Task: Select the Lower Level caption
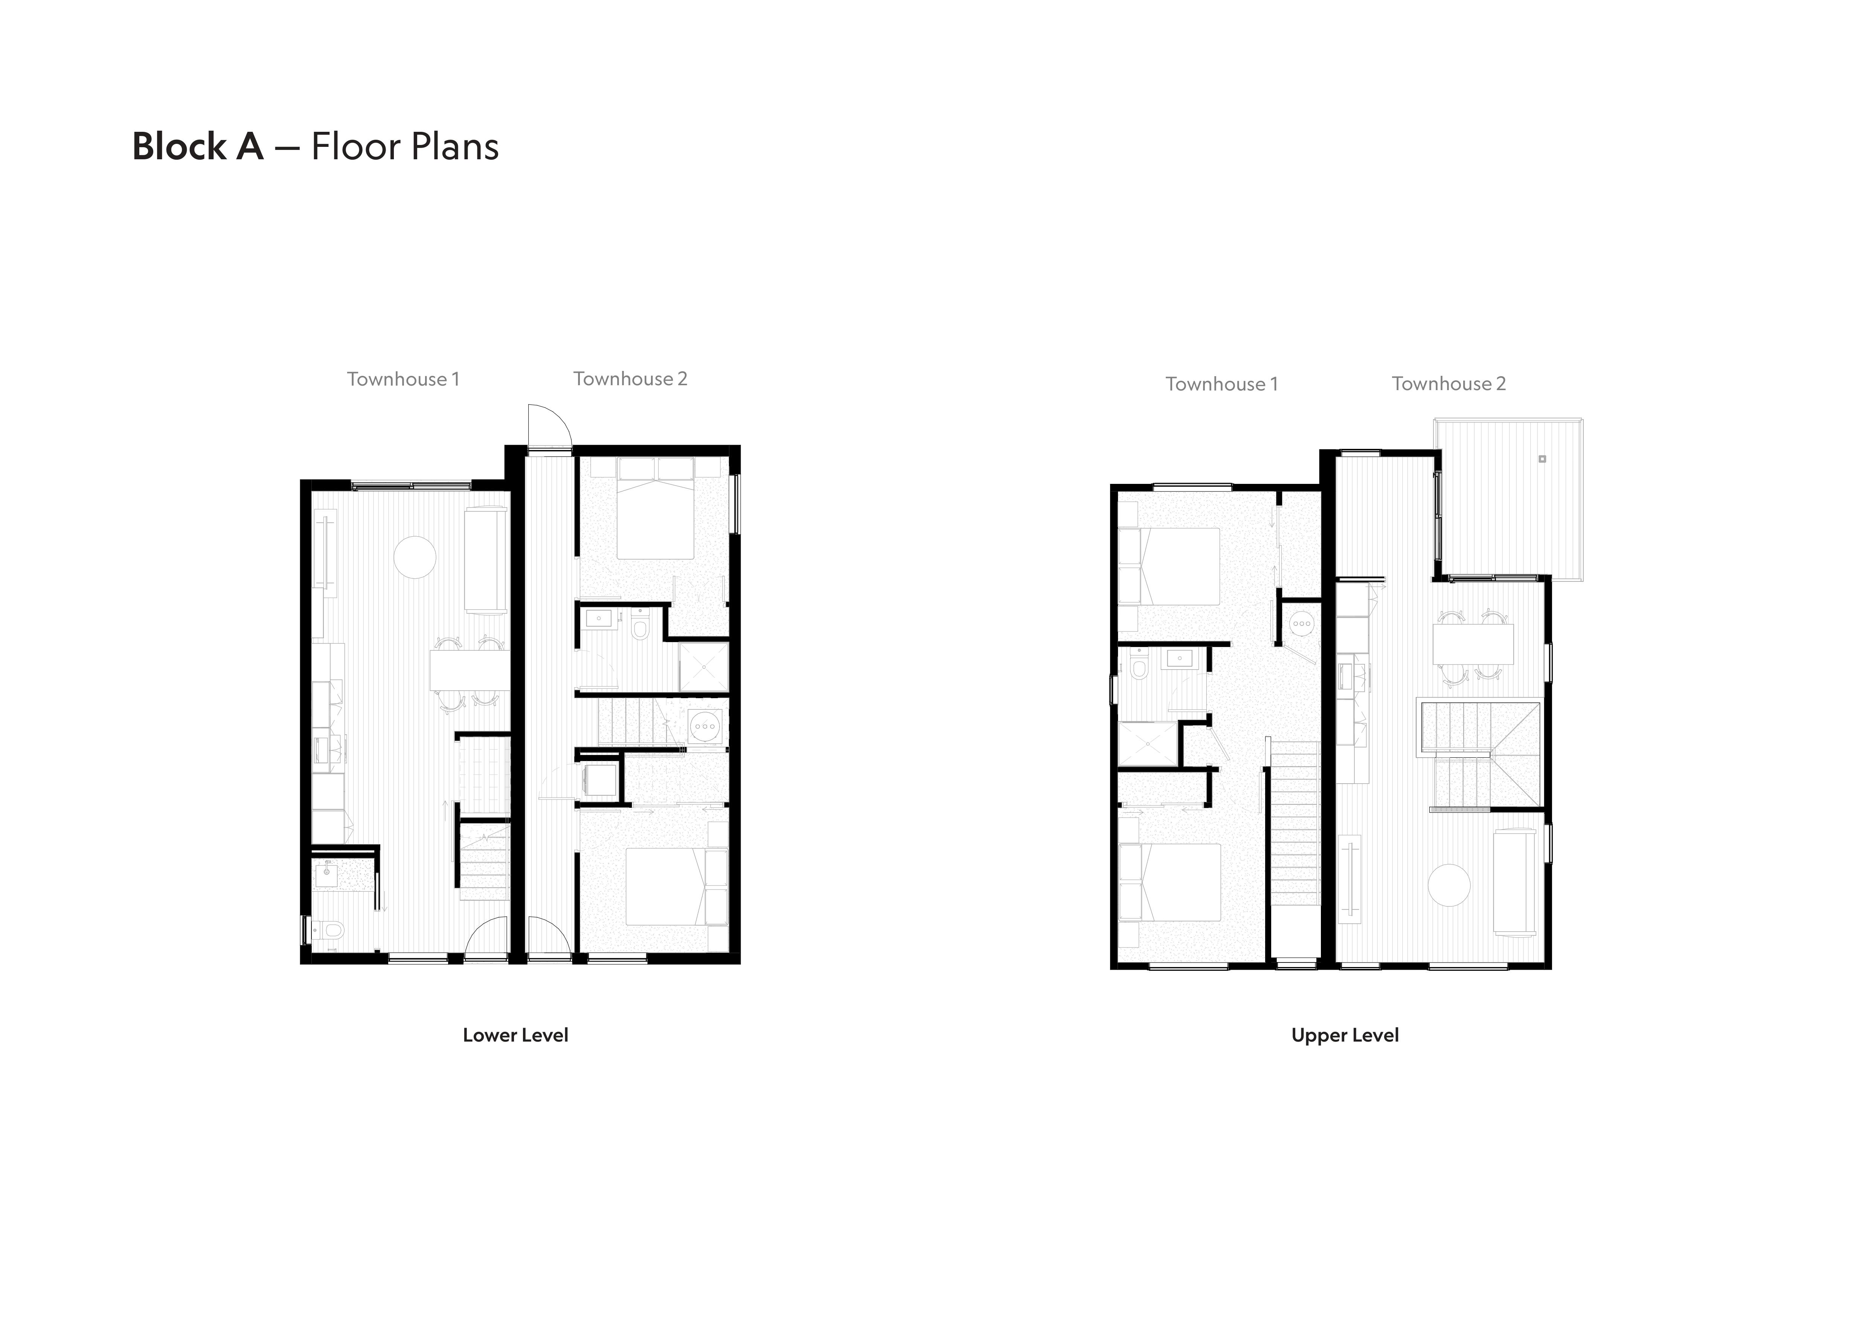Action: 516,1036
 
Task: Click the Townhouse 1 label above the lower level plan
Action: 404,379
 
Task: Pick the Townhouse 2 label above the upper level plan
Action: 1449,384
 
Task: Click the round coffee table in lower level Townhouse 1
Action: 415,557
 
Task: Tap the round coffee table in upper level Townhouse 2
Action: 1449,885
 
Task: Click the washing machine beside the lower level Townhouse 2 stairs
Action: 705,723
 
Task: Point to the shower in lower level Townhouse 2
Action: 704,667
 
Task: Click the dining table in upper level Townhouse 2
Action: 1473,644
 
